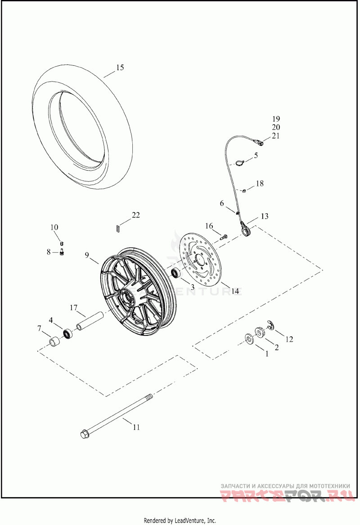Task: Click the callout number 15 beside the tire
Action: pyautogui.click(x=119, y=68)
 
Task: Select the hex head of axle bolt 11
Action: pyautogui.click(x=84, y=434)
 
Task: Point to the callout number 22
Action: pyautogui.click(x=135, y=215)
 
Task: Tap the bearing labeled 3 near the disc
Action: pyautogui.click(x=175, y=273)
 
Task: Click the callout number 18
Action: pyautogui.click(x=260, y=184)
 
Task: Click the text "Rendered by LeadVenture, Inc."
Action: pyautogui.click(x=180, y=520)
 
